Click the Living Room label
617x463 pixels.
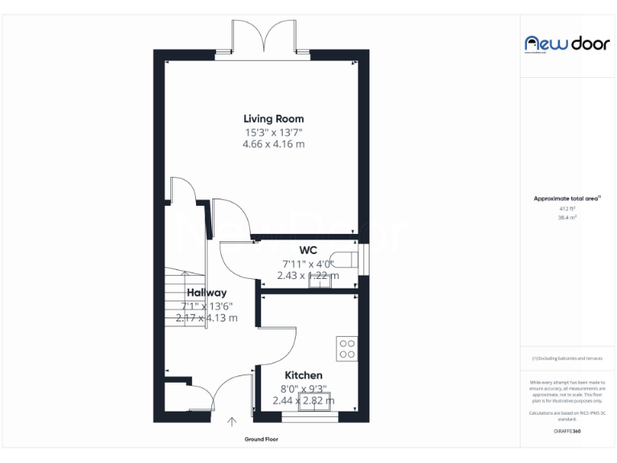click(273, 119)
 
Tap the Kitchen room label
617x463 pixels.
click(304, 375)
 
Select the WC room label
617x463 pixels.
click(308, 250)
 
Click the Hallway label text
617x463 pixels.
click(206, 293)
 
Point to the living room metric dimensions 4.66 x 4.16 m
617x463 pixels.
click(273, 144)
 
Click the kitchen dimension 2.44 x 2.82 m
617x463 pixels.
click(304, 400)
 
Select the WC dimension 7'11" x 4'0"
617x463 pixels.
click(308, 263)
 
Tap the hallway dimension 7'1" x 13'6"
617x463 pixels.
click(206, 305)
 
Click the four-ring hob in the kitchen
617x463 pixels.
click(347, 348)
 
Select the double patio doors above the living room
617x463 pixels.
click(263, 39)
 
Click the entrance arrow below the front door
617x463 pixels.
click(233, 421)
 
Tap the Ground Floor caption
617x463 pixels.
click(262, 440)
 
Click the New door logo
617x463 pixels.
click(566, 43)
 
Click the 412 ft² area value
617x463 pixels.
click(567, 208)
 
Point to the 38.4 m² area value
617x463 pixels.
click(567, 217)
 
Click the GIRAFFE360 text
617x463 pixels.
click(567, 432)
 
